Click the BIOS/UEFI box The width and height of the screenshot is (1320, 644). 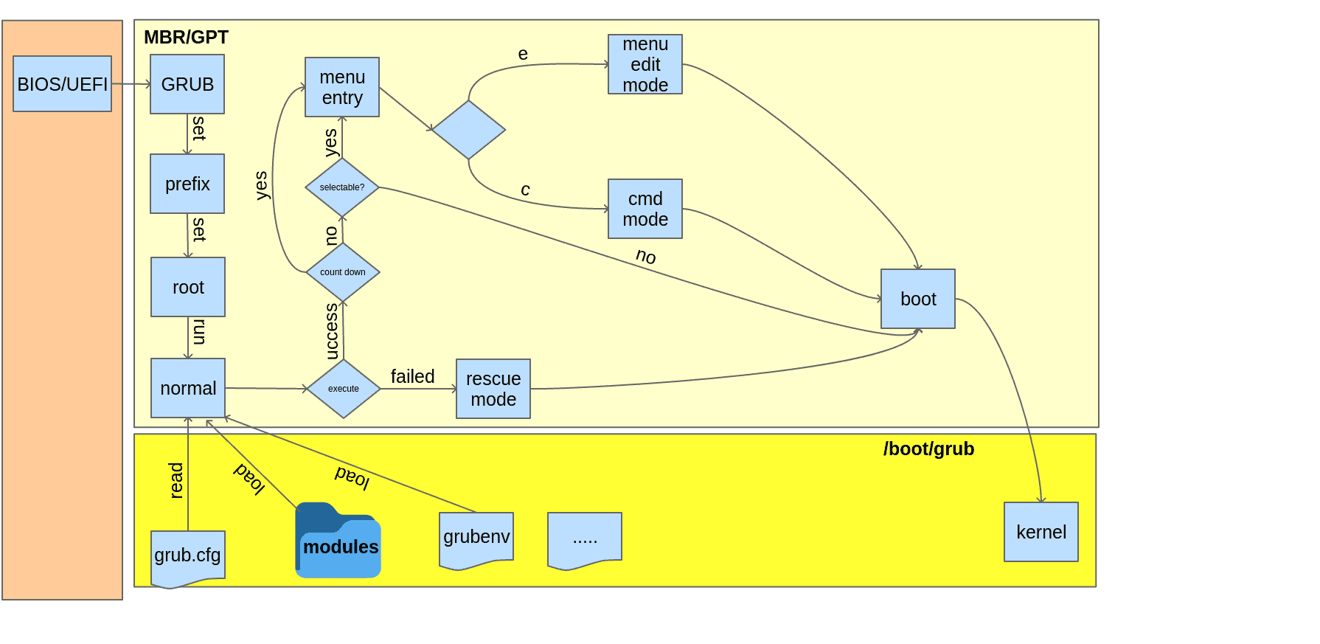(x=63, y=84)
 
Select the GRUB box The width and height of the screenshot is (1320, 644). (x=187, y=84)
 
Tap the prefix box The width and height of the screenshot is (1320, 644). (x=187, y=184)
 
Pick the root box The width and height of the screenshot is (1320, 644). (x=188, y=287)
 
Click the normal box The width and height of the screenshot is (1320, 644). (x=188, y=388)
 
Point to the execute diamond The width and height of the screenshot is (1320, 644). (x=344, y=389)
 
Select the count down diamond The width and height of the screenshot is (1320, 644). (x=343, y=272)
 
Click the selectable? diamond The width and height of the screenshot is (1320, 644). (x=342, y=187)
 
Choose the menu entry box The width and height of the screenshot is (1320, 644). (x=342, y=87)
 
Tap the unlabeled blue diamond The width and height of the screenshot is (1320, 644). (x=469, y=130)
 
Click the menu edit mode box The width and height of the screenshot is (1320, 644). (x=645, y=64)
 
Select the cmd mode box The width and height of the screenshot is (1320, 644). (x=645, y=209)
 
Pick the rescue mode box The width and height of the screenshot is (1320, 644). (x=493, y=389)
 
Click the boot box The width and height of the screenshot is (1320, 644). (x=918, y=299)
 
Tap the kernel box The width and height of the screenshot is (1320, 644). (x=1041, y=532)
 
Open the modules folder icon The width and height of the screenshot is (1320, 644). (x=338, y=542)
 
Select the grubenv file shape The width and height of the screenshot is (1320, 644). (x=476, y=539)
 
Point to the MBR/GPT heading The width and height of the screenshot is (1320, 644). (x=186, y=38)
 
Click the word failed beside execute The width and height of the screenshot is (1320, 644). (x=412, y=376)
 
